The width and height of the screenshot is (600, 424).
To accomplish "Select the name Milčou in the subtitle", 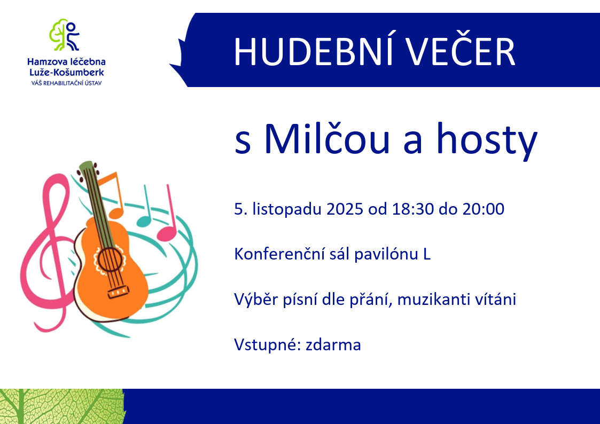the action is tap(327, 138).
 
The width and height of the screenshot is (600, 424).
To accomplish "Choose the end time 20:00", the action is tap(484, 209).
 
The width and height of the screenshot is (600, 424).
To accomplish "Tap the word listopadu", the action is tap(286, 210).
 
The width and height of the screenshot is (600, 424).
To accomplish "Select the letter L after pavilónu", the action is tap(427, 254).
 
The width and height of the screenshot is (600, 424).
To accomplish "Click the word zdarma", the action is tap(333, 345).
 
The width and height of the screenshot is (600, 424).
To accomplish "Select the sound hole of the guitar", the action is tap(110, 259).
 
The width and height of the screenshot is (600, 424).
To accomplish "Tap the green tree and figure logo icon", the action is tap(64, 35).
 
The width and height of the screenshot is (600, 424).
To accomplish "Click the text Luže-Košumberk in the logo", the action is tap(67, 72).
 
